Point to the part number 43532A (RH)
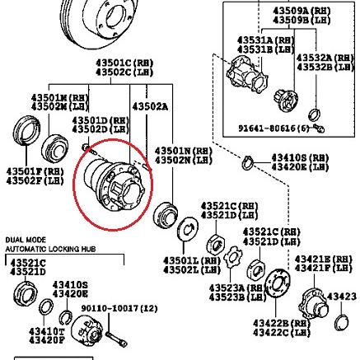click(327, 57)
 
